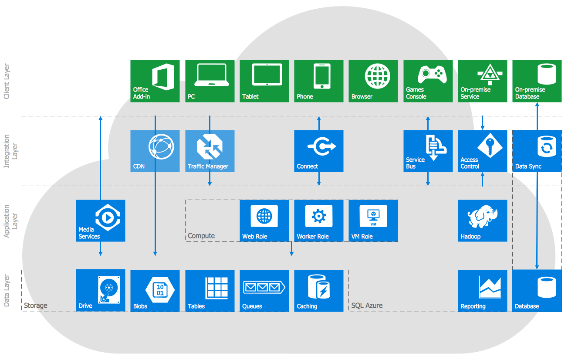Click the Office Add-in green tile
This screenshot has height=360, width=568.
(155, 81)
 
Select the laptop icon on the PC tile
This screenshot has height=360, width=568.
(212, 75)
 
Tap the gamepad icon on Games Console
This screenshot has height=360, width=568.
(432, 75)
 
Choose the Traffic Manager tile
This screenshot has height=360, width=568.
(210, 150)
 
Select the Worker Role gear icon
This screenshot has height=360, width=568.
(319, 215)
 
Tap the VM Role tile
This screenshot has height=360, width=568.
(373, 221)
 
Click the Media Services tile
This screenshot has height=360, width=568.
(100, 221)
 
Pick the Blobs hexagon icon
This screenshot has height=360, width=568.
(160, 290)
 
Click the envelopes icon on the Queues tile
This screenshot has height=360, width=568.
(263, 287)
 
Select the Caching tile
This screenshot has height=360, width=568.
(318, 291)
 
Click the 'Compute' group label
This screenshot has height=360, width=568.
(201, 236)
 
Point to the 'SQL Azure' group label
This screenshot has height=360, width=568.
(367, 306)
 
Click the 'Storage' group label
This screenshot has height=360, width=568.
(36, 306)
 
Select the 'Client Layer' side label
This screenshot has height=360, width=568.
(7, 82)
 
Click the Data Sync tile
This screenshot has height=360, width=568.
(537, 150)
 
